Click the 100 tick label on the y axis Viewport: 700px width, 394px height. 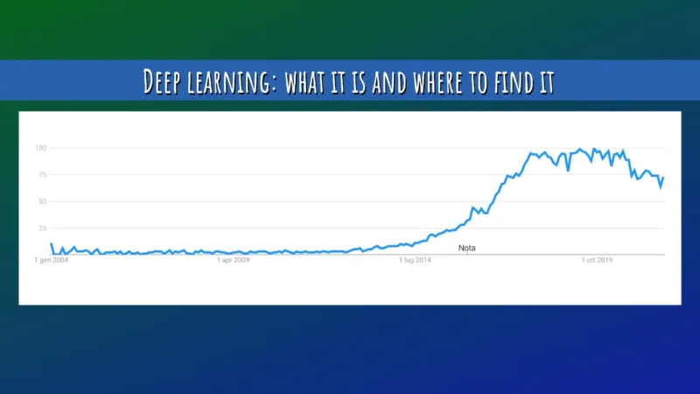(40, 147)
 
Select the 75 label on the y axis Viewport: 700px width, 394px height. (41, 174)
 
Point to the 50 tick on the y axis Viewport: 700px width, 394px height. (41, 201)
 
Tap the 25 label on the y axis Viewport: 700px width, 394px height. (41, 228)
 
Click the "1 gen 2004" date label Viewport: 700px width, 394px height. (51, 260)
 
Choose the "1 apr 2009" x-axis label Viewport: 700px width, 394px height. (234, 260)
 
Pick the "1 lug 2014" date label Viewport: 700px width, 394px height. (416, 260)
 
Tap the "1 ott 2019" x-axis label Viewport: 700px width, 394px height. (598, 260)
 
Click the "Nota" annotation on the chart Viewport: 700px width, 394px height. (467, 249)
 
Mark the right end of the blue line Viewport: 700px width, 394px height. (663, 178)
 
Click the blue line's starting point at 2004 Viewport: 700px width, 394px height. (52, 243)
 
